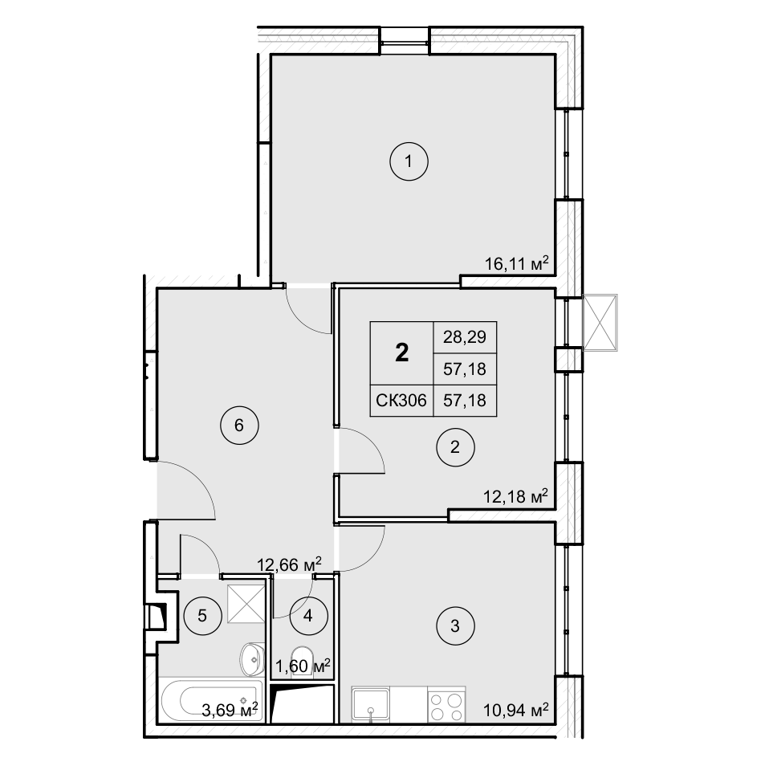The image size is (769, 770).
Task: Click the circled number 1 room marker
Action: [x=409, y=161]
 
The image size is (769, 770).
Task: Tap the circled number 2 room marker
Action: [x=455, y=447]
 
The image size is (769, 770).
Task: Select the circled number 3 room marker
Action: [x=455, y=626]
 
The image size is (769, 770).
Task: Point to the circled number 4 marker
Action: [x=308, y=616]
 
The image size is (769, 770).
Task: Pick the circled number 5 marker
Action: [x=202, y=616]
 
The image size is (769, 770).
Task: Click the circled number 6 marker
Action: [x=239, y=426]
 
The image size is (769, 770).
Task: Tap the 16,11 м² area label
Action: [x=516, y=263]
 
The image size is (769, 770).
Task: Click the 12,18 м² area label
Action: [x=515, y=496]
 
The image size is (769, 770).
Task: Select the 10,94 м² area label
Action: [x=515, y=710]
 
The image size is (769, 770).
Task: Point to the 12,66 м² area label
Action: [x=290, y=564]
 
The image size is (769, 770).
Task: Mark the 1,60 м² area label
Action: [x=303, y=666]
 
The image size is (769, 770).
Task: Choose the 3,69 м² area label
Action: [x=230, y=710]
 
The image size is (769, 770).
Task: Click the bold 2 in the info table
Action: [x=401, y=352]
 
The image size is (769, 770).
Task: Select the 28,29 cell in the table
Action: [x=465, y=337]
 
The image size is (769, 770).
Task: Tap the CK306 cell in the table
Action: [x=401, y=400]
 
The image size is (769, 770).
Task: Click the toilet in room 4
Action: [x=303, y=662]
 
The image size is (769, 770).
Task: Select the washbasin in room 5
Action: [x=252, y=659]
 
